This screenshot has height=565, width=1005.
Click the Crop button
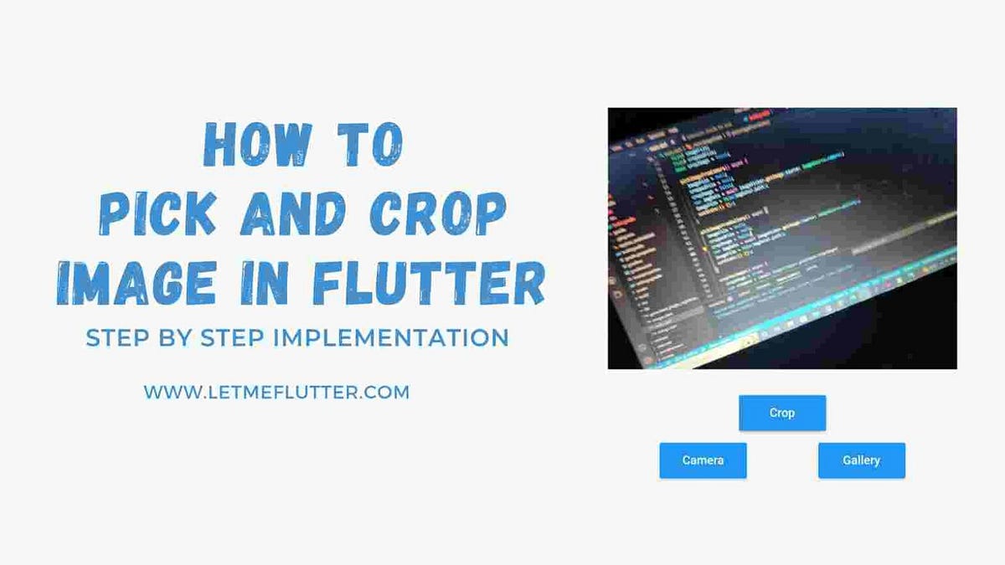click(782, 413)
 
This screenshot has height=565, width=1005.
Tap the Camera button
click(703, 460)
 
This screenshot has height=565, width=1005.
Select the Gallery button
click(861, 460)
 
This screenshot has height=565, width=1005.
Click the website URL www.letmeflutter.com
click(276, 391)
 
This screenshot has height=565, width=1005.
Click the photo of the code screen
click(782, 239)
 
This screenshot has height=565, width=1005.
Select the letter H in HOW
click(220, 145)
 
